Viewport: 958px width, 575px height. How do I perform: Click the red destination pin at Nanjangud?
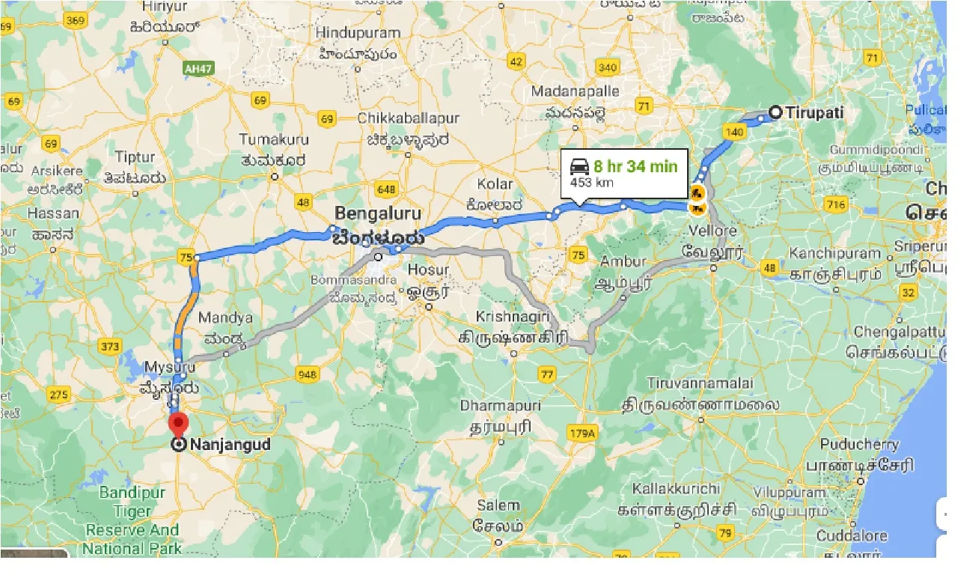[178, 425]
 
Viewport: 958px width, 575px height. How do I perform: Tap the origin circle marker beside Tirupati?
[775, 112]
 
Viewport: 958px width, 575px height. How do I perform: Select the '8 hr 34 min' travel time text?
[635, 165]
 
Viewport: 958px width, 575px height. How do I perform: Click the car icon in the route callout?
[579, 166]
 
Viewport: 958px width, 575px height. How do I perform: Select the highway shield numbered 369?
[75, 20]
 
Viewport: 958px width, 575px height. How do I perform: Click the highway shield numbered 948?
[307, 374]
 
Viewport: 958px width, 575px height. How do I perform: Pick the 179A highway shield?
[581, 433]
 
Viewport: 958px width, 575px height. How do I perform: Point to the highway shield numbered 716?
[836, 204]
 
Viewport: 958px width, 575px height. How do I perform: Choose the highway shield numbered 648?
[387, 189]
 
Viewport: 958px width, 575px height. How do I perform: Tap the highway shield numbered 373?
[110, 346]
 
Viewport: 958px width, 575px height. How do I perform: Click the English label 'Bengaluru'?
[378, 212]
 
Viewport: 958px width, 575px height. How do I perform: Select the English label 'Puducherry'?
[859, 444]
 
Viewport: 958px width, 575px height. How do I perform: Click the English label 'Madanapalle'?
[575, 91]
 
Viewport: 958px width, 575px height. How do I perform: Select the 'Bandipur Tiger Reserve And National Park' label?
[131, 520]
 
